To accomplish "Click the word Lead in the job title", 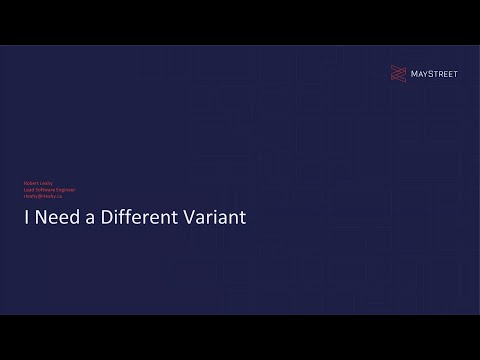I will click(x=29, y=188).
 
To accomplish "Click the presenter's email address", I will click(x=43, y=195).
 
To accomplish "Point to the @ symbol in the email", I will click(x=40, y=195).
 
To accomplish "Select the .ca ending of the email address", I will click(x=59, y=195).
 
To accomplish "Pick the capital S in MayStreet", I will click(x=431, y=72).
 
